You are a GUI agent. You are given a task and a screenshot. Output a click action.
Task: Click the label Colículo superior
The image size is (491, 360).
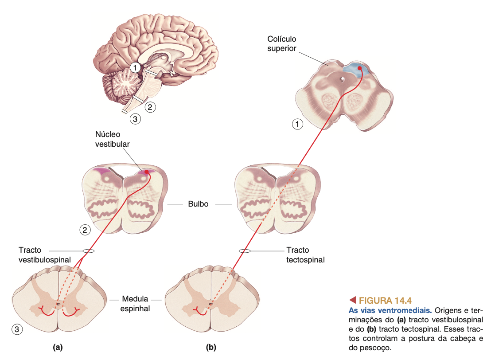(x=281, y=43)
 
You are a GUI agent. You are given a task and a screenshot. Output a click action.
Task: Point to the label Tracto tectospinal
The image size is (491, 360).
(x=305, y=255)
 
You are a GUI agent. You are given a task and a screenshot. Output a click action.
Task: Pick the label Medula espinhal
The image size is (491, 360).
(x=135, y=303)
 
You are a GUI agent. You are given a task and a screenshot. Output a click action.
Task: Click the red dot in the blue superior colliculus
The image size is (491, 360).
(x=359, y=68)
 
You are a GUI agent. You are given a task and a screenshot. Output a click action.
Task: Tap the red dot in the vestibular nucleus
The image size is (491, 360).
(x=147, y=172)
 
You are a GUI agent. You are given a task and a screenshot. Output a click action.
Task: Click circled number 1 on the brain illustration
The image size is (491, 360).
(x=135, y=67)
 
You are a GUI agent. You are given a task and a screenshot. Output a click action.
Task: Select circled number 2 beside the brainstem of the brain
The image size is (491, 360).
(x=151, y=107)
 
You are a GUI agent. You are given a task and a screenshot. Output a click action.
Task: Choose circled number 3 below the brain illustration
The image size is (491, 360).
(x=135, y=118)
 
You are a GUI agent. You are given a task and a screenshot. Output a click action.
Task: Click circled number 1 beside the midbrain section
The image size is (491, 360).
(x=298, y=125)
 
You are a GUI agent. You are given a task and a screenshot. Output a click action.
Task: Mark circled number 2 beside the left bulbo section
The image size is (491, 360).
(x=85, y=229)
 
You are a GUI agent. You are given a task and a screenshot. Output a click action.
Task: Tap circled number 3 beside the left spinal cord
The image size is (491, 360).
(x=16, y=329)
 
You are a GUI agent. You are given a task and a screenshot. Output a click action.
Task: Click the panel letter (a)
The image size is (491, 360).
(x=57, y=347)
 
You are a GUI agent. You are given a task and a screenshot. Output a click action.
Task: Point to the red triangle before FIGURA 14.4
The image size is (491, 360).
(x=353, y=300)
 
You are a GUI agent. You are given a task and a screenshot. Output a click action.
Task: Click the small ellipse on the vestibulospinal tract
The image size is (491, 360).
(x=88, y=251)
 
